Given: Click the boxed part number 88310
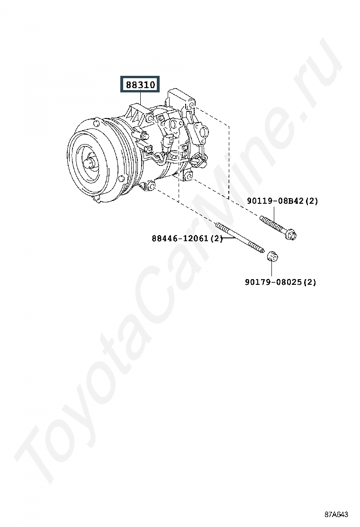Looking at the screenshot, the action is click(x=140, y=85).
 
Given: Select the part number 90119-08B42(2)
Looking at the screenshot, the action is click(x=282, y=201).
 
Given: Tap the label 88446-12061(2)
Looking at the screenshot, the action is click(x=188, y=239).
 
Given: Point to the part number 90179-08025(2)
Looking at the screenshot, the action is click(x=281, y=282).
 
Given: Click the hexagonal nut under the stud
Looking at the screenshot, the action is click(x=272, y=257).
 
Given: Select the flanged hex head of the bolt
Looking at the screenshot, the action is click(x=290, y=234).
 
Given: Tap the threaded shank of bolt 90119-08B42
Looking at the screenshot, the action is click(x=272, y=224).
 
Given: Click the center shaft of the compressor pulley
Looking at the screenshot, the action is click(x=89, y=164).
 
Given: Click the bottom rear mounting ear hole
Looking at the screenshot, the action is click(x=188, y=175).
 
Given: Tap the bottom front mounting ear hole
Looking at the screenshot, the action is click(x=151, y=185).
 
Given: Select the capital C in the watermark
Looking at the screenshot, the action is click(x=158, y=289).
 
